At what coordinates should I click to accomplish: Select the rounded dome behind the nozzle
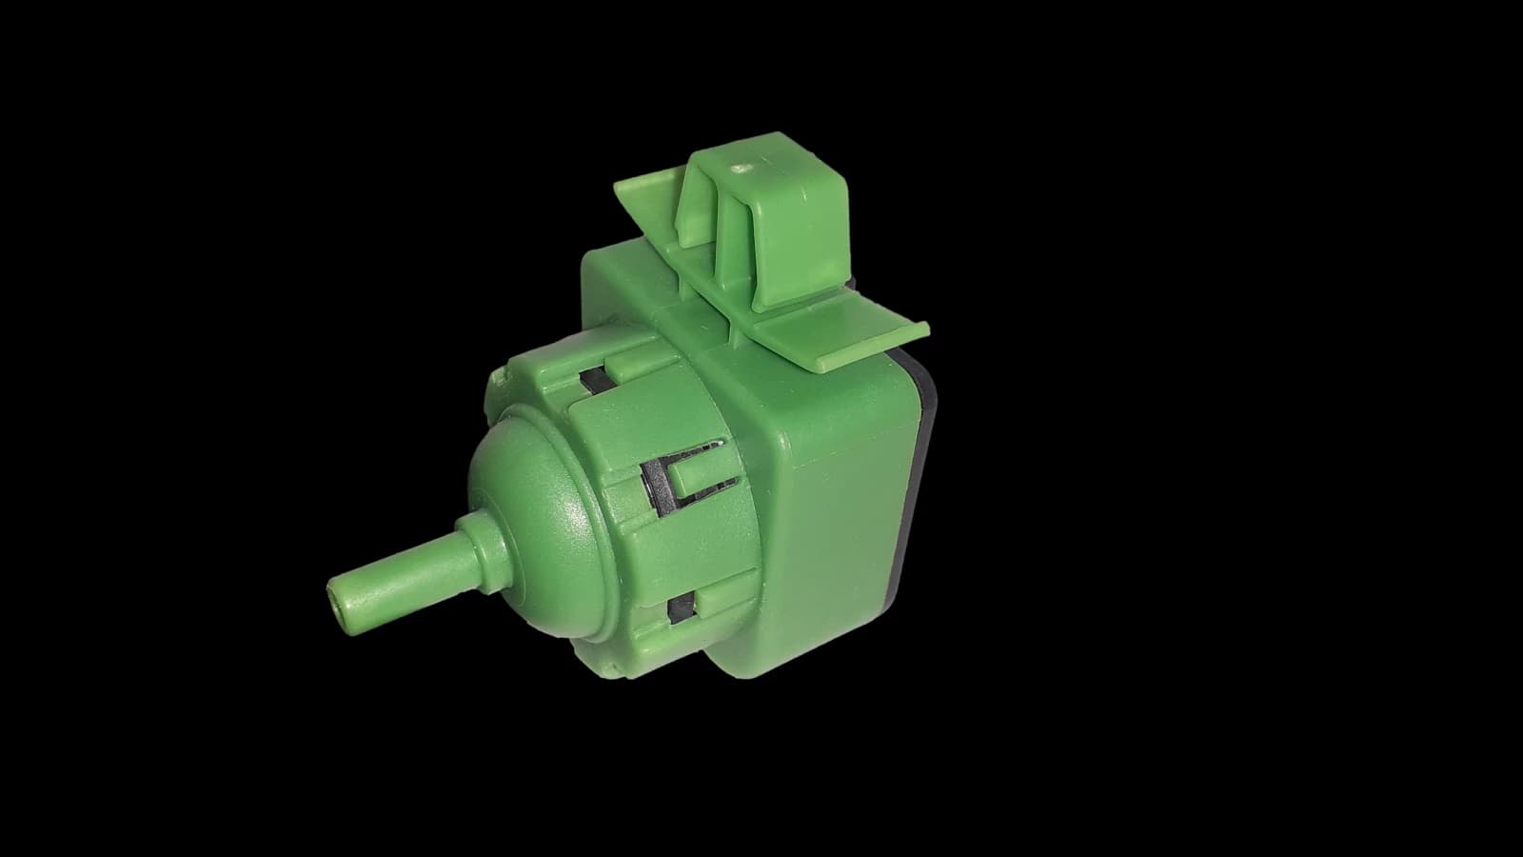click(533, 495)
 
